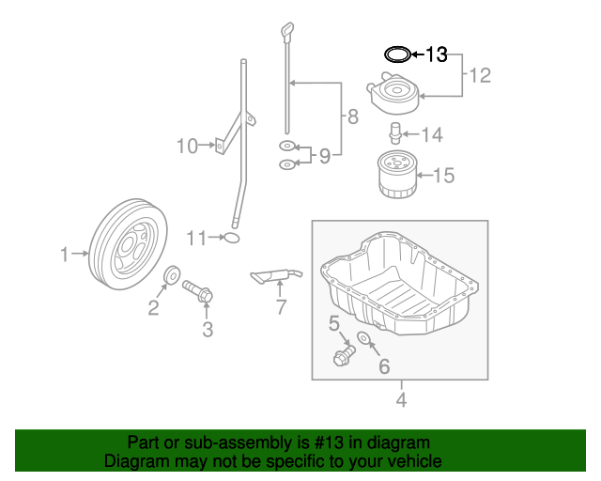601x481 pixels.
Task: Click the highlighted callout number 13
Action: tap(438, 54)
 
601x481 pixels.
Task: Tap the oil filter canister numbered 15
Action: tap(397, 176)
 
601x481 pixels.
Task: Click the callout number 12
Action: tap(480, 75)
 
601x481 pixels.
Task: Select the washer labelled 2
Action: tap(174, 275)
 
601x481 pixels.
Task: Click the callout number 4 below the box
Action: tap(401, 400)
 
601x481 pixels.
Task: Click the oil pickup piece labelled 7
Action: tap(276, 275)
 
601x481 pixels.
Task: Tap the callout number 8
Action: tap(352, 117)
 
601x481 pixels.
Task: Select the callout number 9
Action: tap(324, 156)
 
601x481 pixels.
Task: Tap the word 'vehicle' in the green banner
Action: tap(414, 461)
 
